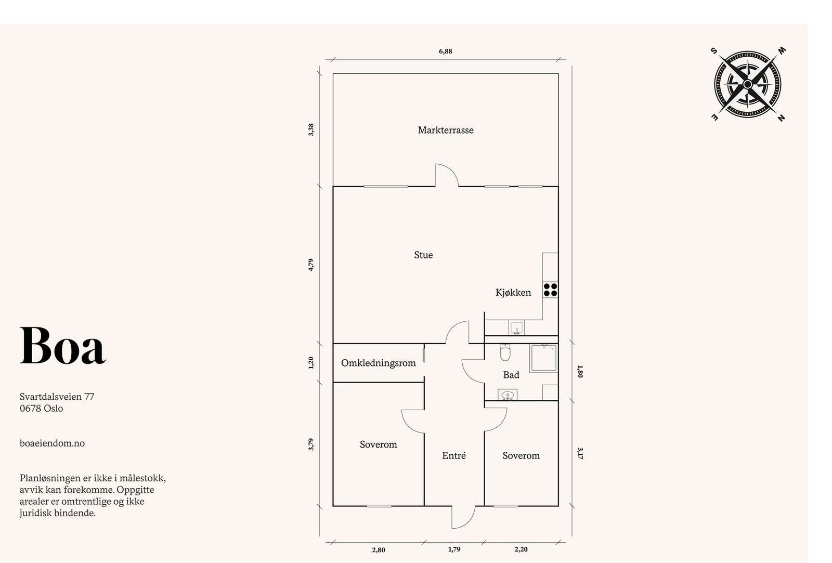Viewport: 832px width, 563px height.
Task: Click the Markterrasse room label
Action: [x=445, y=130]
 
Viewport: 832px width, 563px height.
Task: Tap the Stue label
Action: [x=423, y=255]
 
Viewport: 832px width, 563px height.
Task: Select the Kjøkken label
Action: [x=513, y=293]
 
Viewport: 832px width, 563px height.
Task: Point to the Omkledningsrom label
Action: [x=378, y=363]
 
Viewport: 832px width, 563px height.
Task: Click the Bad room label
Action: [x=511, y=375]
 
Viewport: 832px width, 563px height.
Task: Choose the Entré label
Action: [x=454, y=456]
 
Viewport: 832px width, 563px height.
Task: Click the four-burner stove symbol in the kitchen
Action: [x=550, y=290]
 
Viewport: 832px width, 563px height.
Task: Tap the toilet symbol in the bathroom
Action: [x=505, y=352]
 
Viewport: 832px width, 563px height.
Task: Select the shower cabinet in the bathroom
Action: [x=544, y=358]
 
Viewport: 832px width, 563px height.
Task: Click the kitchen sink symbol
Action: [x=516, y=328]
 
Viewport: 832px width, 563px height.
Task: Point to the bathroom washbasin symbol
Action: [x=508, y=395]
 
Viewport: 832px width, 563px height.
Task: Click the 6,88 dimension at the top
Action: [x=445, y=51]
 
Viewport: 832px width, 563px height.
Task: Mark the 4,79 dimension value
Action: [x=311, y=265]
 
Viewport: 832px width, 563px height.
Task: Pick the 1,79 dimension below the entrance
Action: [x=454, y=549]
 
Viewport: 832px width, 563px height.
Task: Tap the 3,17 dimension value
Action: [x=580, y=453]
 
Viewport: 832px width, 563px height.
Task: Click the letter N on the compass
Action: [x=781, y=118]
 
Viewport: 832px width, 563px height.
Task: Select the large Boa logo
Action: [x=62, y=346]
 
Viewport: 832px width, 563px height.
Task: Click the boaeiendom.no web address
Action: [x=52, y=443]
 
